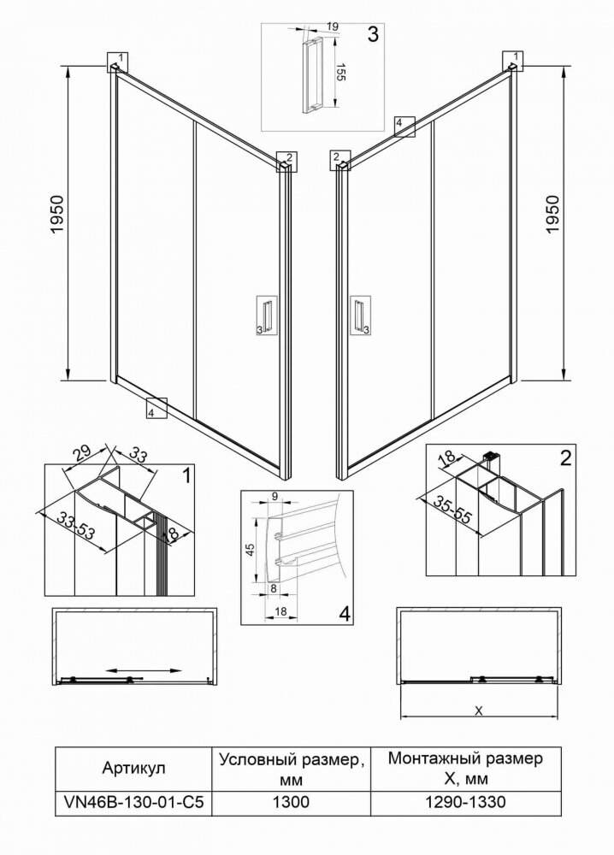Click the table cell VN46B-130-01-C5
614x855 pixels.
tap(133, 802)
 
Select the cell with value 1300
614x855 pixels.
tap(291, 802)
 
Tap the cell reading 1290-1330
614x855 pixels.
tap(465, 802)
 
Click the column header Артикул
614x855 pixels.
tap(133, 769)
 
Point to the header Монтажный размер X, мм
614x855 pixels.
tap(465, 769)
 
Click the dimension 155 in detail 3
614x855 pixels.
tap(341, 73)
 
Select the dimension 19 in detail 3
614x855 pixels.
tap(334, 27)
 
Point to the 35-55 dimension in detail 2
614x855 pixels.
tap(451, 508)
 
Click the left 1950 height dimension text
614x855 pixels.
tap(57, 215)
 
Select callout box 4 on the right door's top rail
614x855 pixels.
tap(404, 127)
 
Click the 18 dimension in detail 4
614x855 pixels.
tap(280, 612)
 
